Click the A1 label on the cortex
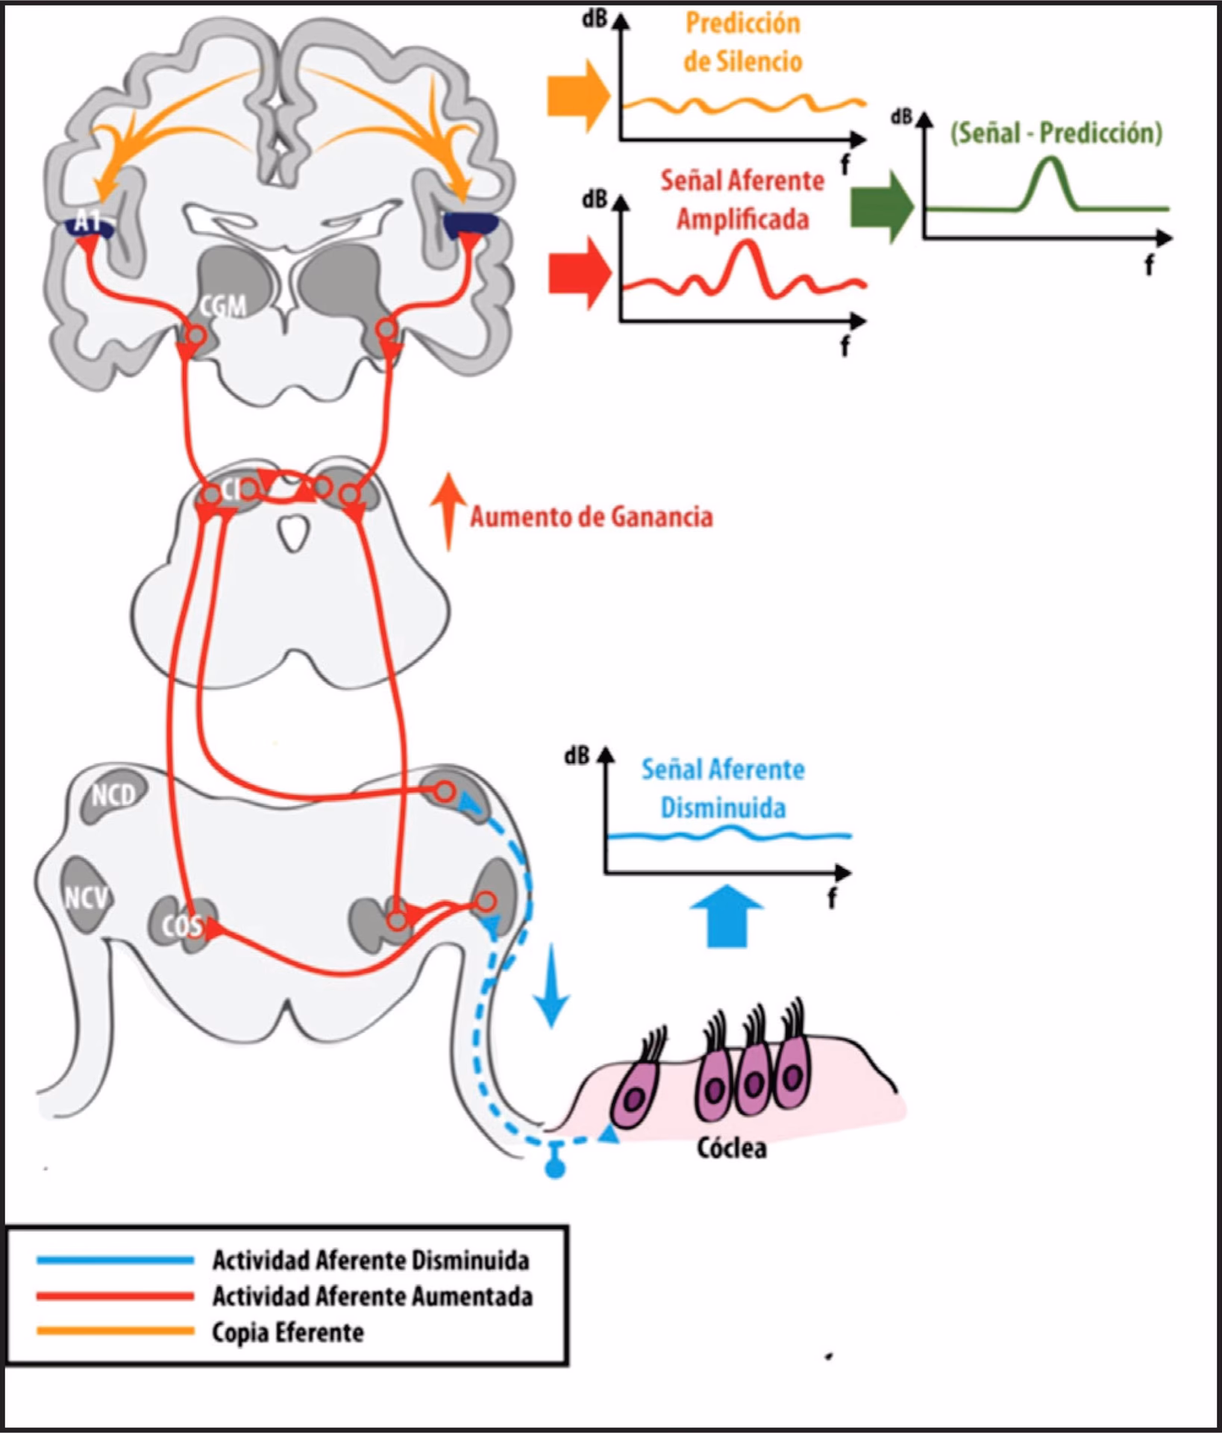point(88,220)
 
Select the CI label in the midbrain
point(231,490)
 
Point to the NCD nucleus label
point(113,796)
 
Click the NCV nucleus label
point(87,897)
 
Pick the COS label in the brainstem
point(182,926)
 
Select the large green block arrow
point(881,207)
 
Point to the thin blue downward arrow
point(552,985)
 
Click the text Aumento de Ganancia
point(591,516)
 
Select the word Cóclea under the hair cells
point(731,1148)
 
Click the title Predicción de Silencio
point(742,43)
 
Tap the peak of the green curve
point(1050,159)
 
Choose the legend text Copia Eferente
point(288,1332)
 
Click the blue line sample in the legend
point(116,1261)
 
